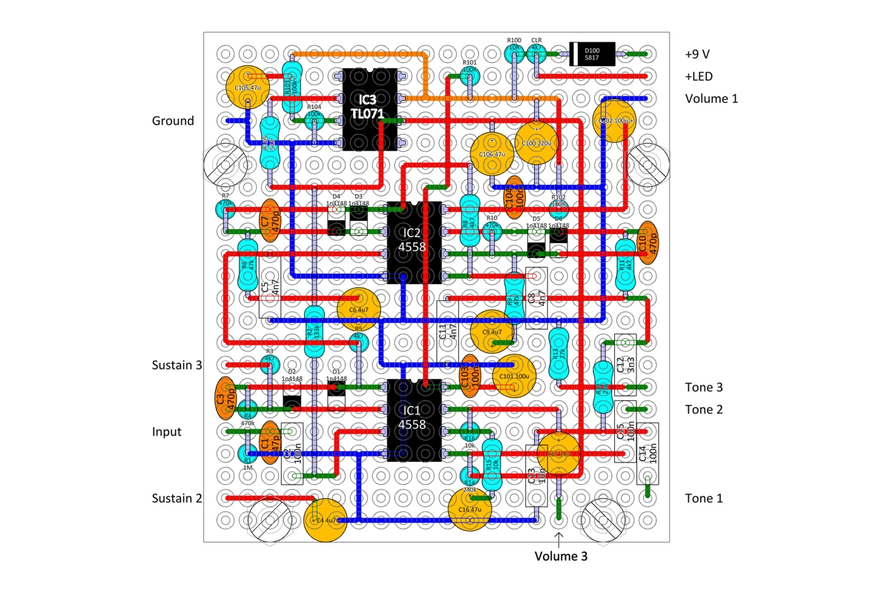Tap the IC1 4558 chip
(x=413, y=420)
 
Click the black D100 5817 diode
(x=593, y=54)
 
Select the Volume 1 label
(x=711, y=99)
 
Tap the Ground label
(x=173, y=121)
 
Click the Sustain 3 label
(x=177, y=365)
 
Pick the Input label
(x=167, y=431)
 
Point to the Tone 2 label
(x=704, y=409)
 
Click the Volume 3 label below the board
(x=561, y=556)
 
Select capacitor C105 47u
(x=248, y=87)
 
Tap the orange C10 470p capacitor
(x=648, y=243)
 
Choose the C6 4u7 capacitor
(x=359, y=310)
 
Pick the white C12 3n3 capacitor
(x=625, y=363)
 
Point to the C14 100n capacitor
(x=647, y=454)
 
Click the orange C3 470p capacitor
(x=225, y=399)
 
